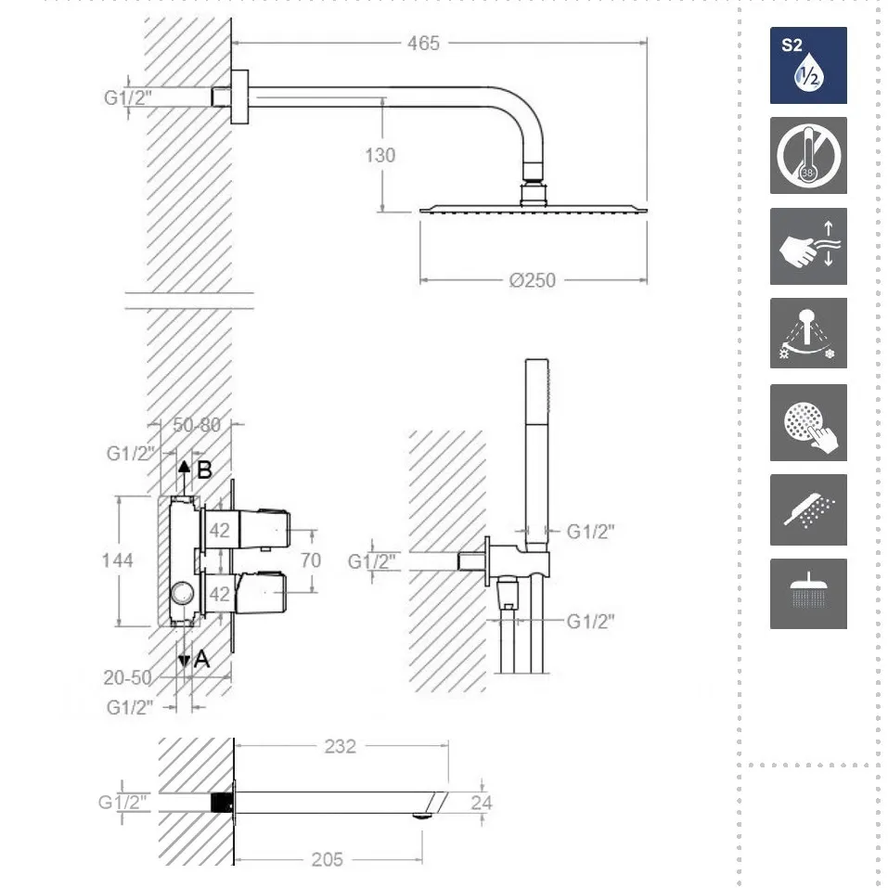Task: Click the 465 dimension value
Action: [x=423, y=43]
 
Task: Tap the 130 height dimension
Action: [x=380, y=155]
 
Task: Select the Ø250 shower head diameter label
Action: [x=532, y=280]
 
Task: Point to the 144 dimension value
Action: [x=117, y=560]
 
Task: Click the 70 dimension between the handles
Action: [x=310, y=560]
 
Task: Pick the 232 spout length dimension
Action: [x=340, y=746]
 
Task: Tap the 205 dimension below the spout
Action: [x=328, y=859]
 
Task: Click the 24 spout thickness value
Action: [x=482, y=803]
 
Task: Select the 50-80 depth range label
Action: [x=197, y=425]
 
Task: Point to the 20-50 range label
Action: [x=127, y=677]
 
